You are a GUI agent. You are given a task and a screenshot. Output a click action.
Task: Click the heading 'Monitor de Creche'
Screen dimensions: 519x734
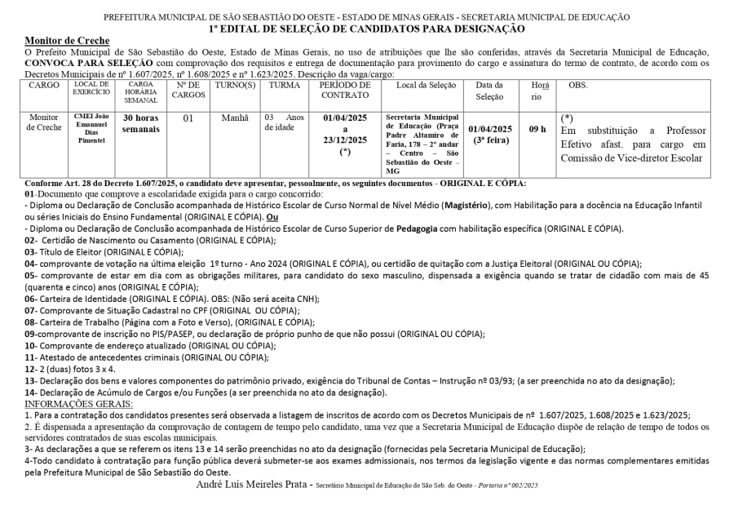pos(67,41)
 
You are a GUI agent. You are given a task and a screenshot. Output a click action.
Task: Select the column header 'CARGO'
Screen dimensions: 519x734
pos(43,85)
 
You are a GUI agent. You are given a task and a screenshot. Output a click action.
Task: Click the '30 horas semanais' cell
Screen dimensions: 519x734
pos(140,123)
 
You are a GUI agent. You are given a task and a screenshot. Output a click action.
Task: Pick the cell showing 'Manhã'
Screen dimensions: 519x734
pos(235,118)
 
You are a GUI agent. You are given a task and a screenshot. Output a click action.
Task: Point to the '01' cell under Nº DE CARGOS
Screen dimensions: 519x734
pos(188,118)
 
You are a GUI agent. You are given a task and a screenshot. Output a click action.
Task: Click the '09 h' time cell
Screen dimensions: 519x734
pos(537,129)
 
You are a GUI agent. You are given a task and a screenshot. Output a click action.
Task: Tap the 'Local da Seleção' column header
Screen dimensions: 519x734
pos(423,85)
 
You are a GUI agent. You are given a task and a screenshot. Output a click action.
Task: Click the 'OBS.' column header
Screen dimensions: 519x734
pos(577,85)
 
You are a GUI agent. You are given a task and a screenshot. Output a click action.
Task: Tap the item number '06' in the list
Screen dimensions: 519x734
pos(30,299)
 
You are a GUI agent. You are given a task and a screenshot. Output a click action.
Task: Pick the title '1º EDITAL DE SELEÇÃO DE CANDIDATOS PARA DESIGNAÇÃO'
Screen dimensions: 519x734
pos(366,29)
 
